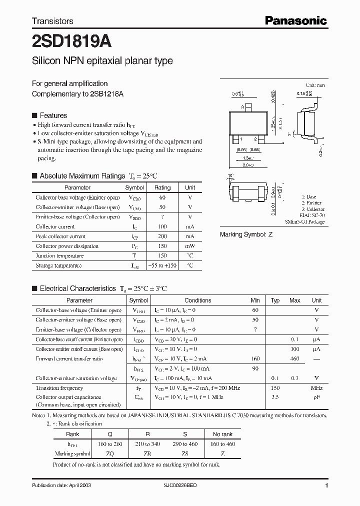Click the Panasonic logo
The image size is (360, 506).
click(295, 20)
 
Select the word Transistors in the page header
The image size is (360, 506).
click(52, 21)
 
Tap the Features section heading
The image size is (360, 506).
click(53, 115)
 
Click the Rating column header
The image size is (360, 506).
click(162, 187)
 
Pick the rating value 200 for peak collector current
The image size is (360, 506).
click(162, 236)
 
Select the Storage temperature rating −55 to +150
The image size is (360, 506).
click(162, 265)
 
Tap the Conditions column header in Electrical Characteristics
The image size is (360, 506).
click(198, 300)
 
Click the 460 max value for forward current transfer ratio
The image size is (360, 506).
click(295, 358)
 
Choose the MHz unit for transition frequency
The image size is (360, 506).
click(316, 388)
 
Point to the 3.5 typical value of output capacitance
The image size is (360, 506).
click(275, 397)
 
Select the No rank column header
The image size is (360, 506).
click(222, 434)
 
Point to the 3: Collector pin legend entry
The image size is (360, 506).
click(313, 209)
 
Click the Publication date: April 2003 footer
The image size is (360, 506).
click(61, 485)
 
